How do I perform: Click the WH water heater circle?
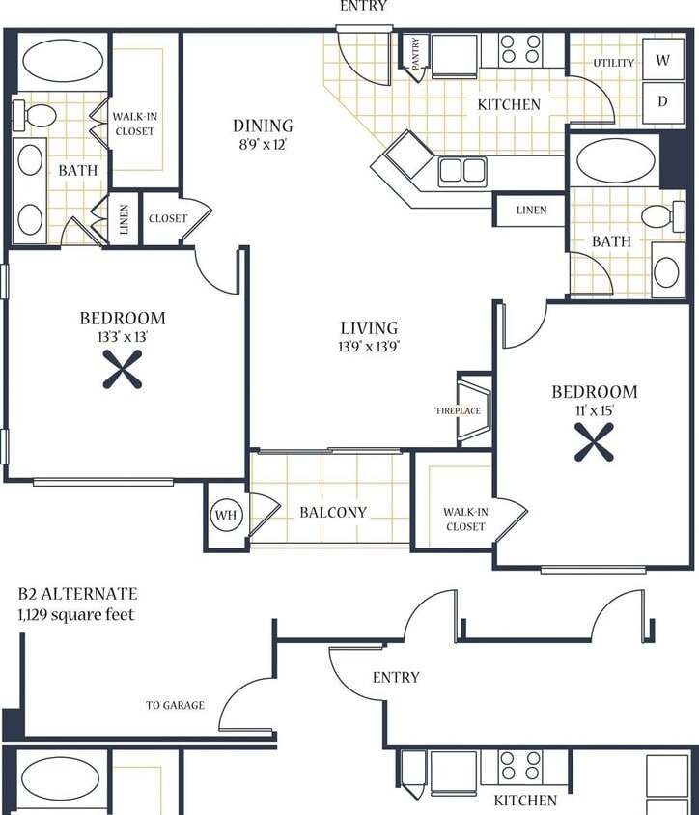click(226, 515)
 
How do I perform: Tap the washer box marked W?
click(662, 60)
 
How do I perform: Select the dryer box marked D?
click(662, 101)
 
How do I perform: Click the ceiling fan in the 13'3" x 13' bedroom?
click(123, 369)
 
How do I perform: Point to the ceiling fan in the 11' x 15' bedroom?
click(594, 442)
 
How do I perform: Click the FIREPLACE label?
click(457, 410)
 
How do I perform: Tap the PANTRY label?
click(416, 54)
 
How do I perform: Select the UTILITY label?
click(614, 63)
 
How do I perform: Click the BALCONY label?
click(333, 512)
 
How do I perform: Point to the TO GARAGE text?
click(175, 705)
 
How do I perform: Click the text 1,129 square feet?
click(76, 614)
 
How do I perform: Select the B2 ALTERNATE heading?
click(77, 594)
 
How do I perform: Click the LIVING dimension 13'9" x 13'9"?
click(369, 347)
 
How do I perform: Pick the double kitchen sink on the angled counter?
click(461, 171)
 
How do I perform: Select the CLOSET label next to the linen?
click(167, 218)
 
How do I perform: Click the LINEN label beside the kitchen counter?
click(531, 210)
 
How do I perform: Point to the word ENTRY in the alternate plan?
click(396, 678)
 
